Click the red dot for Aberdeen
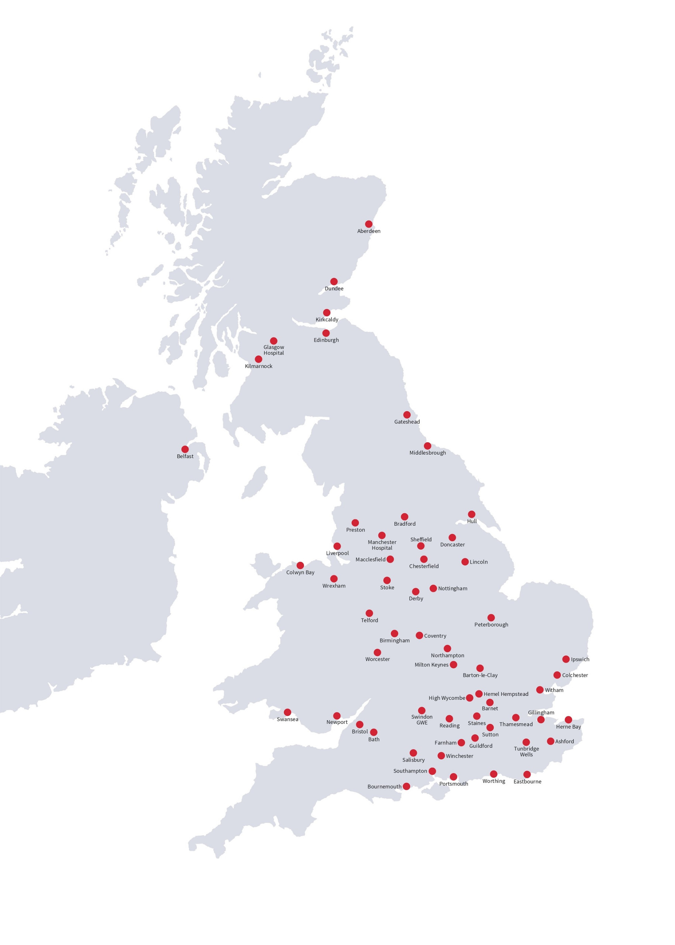pos(369,224)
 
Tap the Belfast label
pos(185,457)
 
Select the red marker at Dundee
pos(334,281)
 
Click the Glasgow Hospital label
pos(273,350)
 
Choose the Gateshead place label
pos(407,422)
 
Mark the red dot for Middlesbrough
pos(427,446)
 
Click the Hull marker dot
pos(471,514)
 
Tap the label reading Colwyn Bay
pos(300,573)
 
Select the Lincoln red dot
pos(465,562)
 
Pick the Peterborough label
pos(491,625)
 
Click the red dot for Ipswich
pos(566,659)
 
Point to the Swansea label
pos(287,719)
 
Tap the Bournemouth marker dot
pos(406,786)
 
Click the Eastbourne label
pos(527,781)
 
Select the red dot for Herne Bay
pos(568,720)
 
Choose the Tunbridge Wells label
pos(526,752)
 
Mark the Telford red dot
pos(369,613)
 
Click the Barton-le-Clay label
pos(480,675)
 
